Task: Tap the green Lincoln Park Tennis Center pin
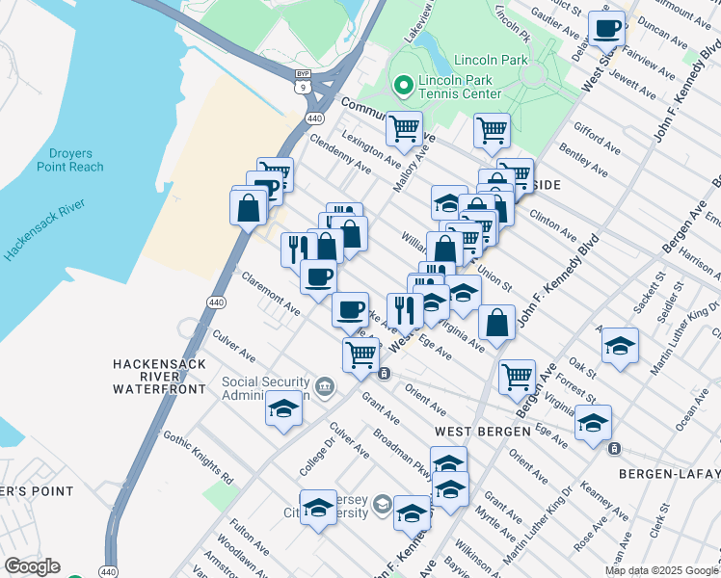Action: click(402, 86)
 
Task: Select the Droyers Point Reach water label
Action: click(70, 159)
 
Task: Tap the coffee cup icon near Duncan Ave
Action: click(606, 30)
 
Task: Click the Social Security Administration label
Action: click(265, 388)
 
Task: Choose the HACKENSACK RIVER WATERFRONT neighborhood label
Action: click(159, 377)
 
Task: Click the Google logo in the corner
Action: click(32, 566)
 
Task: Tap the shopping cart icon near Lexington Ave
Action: click(404, 127)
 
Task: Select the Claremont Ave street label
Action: click(270, 293)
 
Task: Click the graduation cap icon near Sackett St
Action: click(620, 344)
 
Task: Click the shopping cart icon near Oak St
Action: click(518, 377)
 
